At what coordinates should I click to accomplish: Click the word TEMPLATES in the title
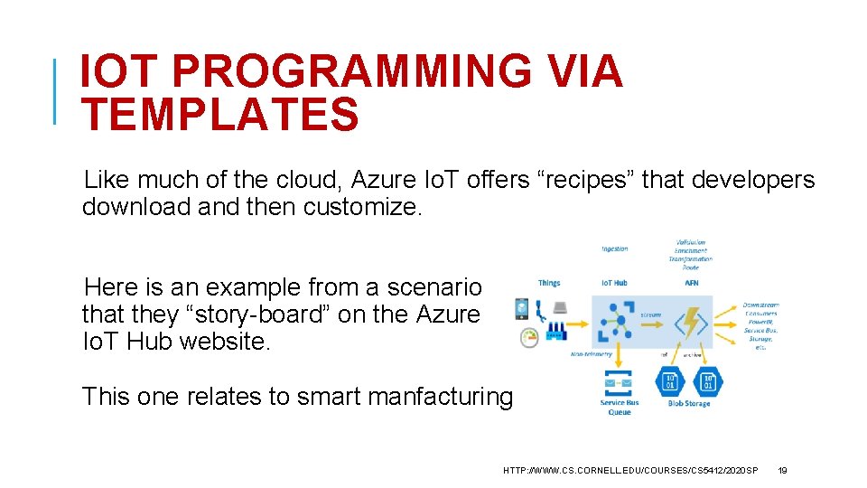coord(219,115)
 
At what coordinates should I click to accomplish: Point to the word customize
coord(362,207)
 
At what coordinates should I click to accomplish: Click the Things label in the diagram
coord(549,283)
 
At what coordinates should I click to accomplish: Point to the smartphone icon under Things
coord(522,309)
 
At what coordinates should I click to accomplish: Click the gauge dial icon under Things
coord(529,338)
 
